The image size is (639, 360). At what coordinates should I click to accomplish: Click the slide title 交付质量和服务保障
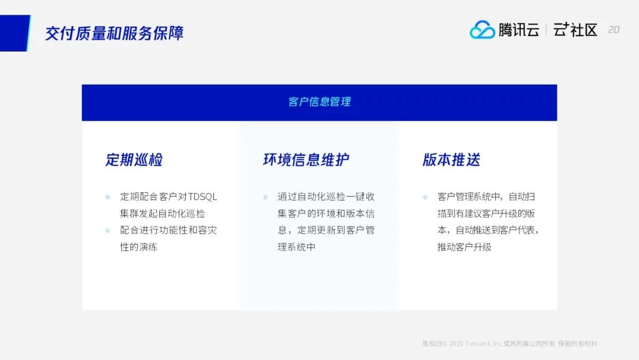[114, 33]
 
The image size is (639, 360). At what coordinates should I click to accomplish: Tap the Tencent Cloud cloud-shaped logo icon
[482, 30]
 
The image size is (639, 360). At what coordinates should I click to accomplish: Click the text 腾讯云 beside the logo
[519, 30]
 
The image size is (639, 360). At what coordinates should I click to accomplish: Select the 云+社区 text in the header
[575, 30]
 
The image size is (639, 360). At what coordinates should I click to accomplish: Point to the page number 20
[614, 30]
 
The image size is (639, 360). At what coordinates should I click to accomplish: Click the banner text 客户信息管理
[319, 102]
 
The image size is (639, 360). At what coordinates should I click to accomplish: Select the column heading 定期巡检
[134, 159]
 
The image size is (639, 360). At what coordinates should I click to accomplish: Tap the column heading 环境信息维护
[306, 159]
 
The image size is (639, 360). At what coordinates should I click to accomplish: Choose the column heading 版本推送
[451, 159]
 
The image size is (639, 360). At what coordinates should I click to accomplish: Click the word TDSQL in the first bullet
[202, 197]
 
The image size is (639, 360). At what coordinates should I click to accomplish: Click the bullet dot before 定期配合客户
[108, 197]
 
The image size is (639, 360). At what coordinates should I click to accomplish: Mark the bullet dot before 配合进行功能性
[108, 230]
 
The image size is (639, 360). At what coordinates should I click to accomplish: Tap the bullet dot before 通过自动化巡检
[265, 197]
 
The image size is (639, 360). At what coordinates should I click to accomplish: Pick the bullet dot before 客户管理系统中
[425, 197]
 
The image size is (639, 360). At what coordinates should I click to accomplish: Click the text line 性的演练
[138, 247]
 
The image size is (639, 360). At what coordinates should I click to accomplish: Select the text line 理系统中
[296, 247]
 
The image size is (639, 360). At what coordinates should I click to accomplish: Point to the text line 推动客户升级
[464, 247]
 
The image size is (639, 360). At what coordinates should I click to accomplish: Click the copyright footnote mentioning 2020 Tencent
[509, 343]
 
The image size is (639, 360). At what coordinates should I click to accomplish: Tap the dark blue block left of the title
[15, 33]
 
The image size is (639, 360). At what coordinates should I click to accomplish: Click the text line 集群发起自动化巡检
[162, 214]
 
